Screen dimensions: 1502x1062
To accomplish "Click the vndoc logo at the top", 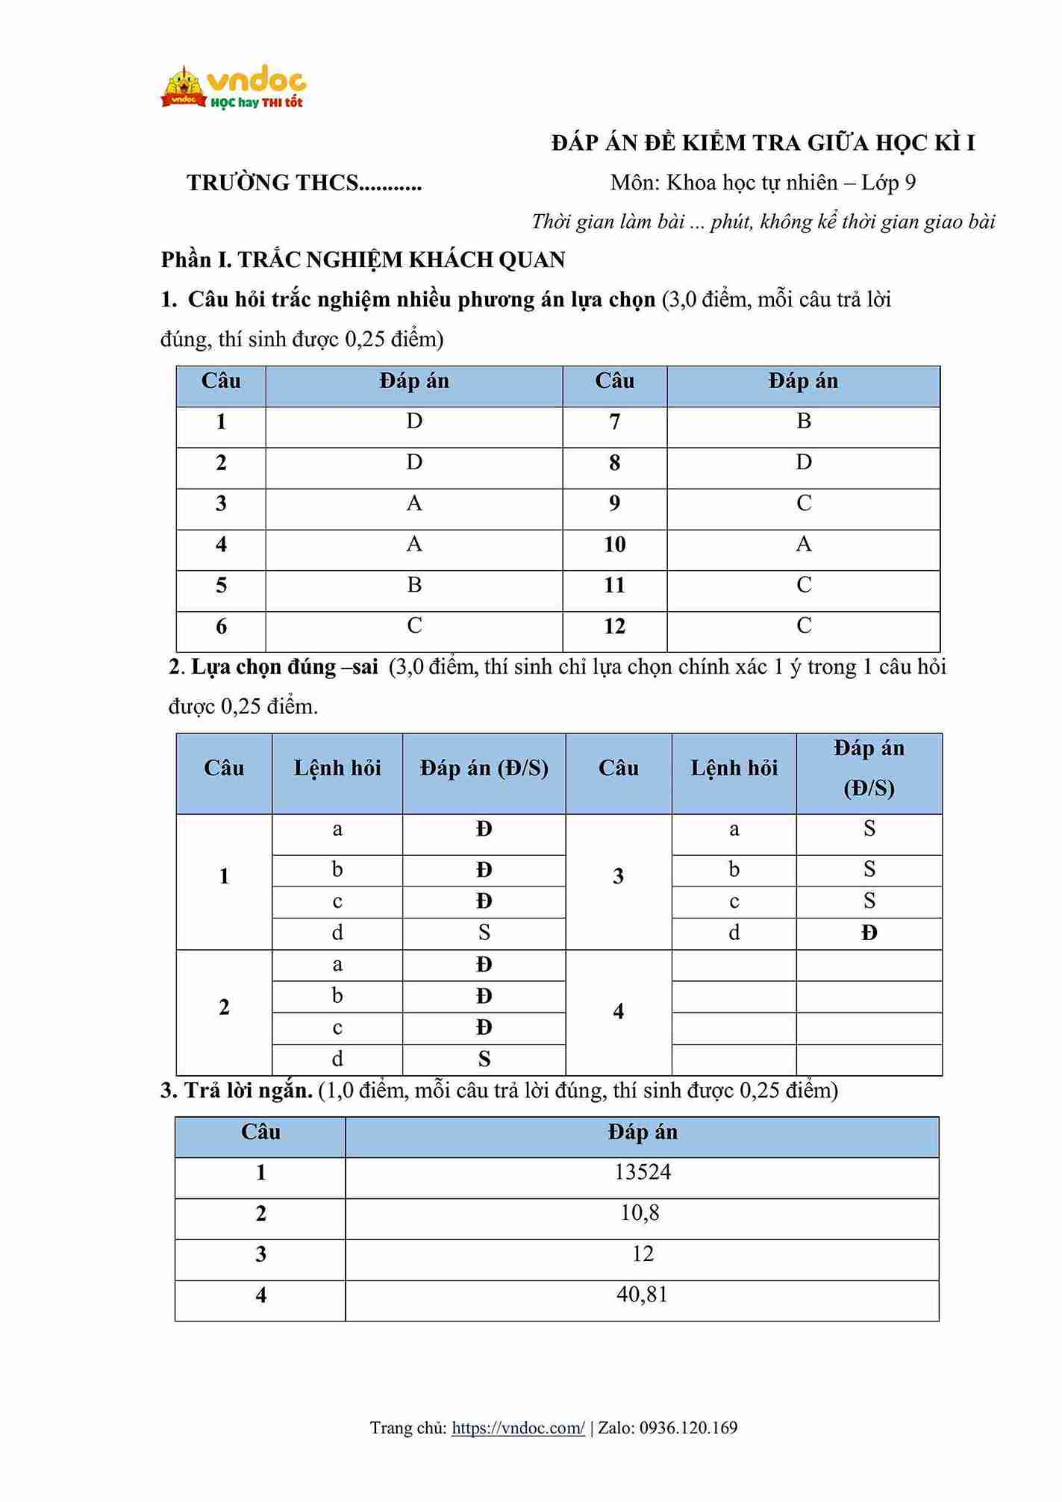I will click(x=233, y=88).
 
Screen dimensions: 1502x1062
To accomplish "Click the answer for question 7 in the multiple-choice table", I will click(x=803, y=422).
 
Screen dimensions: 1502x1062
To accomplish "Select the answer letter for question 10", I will click(x=803, y=544).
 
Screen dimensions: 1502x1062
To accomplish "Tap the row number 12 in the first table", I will click(x=614, y=626).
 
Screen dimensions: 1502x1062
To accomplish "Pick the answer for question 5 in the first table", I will click(x=414, y=585).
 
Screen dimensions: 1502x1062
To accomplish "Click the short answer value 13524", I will click(x=642, y=1172).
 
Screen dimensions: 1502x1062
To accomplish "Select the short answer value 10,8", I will click(x=640, y=1213).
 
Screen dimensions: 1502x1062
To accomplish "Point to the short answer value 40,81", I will click(x=642, y=1295).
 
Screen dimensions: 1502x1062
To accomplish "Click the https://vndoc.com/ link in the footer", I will click(x=518, y=1427).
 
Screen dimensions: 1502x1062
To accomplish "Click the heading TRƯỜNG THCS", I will click(x=304, y=183).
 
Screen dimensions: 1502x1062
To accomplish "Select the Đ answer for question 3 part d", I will click(x=869, y=933).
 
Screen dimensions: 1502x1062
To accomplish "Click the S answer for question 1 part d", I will click(x=484, y=933).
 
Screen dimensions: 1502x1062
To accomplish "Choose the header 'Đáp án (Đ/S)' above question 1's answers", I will click(x=484, y=769).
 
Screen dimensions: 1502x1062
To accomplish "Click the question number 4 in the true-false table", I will click(x=618, y=1012).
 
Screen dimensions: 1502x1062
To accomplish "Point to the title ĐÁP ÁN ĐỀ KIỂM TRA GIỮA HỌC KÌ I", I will click(x=763, y=143).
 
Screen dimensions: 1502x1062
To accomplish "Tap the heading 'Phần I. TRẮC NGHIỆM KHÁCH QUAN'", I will click(x=363, y=260).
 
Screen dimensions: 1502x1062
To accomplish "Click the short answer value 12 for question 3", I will click(x=643, y=1254).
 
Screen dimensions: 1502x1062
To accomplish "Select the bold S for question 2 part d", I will click(x=484, y=1059).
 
